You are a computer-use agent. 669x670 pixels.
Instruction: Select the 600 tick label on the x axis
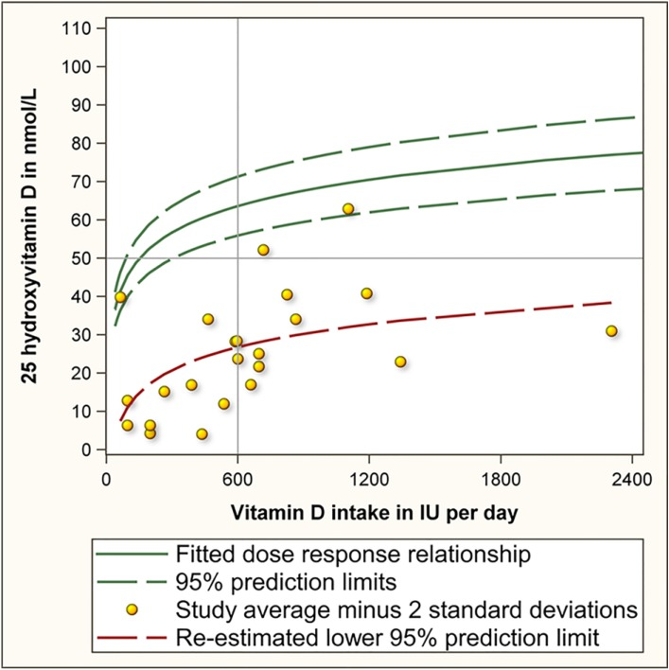[x=238, y=478]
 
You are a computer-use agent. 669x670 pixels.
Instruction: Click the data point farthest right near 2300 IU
[x=611, y=331]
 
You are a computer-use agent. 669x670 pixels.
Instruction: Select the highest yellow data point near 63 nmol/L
[x=348, y=209]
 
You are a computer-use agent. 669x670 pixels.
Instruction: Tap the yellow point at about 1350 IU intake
[x=400, y=361]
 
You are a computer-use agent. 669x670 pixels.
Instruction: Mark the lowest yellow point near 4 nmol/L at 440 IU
[x=202, y=434]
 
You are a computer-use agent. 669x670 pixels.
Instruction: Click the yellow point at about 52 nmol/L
[x=263, y=250]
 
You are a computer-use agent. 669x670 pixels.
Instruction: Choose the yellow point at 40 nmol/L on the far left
[x=120, y=297]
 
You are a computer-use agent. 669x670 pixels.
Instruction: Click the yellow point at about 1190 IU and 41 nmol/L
[x=367, y=293]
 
